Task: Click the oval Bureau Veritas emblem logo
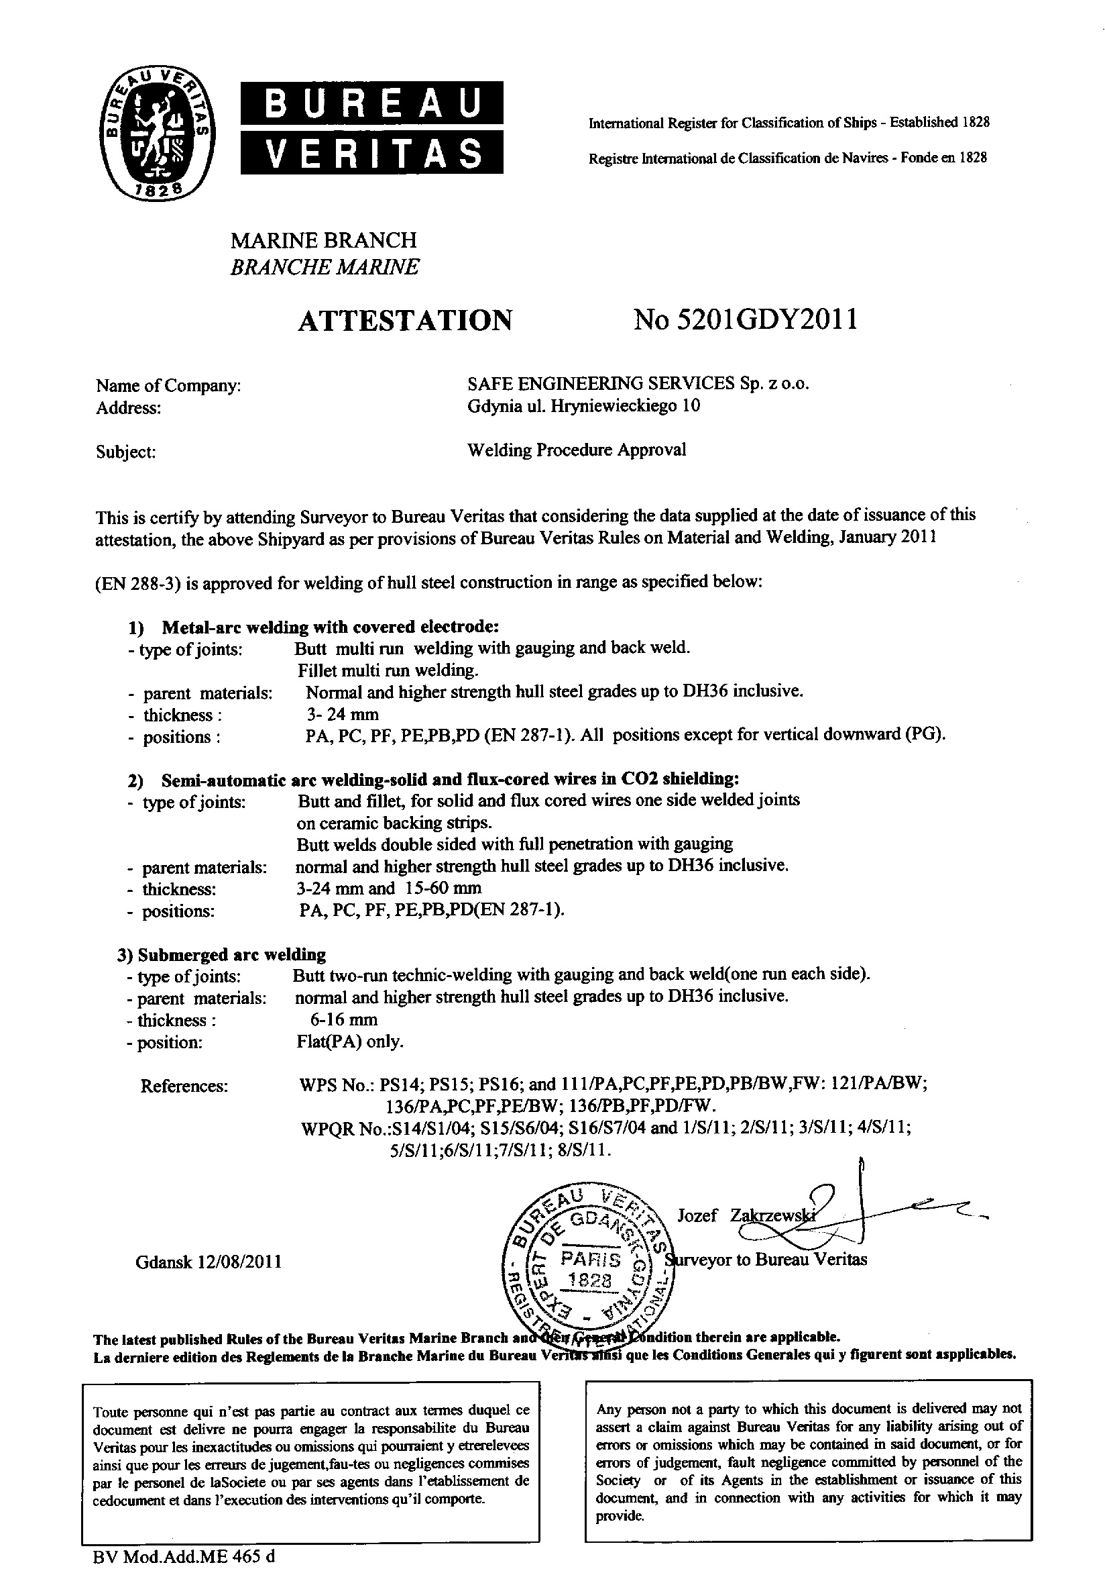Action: [156, 134]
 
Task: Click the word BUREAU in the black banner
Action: [372, 103]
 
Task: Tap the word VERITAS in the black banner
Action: [372, 152]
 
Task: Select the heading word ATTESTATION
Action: [405, 320]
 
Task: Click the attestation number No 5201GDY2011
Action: [745, 319]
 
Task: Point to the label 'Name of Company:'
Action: [168, 386]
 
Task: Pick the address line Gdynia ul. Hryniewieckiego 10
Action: [584, 406]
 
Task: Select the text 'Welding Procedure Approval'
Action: [577, 450]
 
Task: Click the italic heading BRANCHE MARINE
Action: [325, 267]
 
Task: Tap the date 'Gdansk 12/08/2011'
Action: [209, 1262]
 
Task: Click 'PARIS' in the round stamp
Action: [591, 1259]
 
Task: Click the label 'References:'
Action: [184, 1086]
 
